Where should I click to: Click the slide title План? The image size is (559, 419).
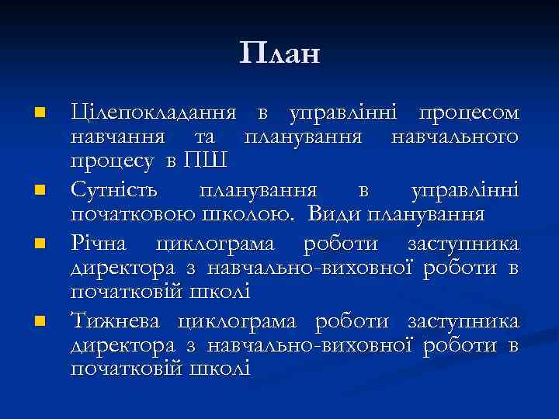279,54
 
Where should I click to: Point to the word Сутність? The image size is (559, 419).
114,189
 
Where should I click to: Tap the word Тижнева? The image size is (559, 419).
116,320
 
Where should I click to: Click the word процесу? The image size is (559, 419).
113,162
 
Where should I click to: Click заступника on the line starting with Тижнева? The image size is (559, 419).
463,320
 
